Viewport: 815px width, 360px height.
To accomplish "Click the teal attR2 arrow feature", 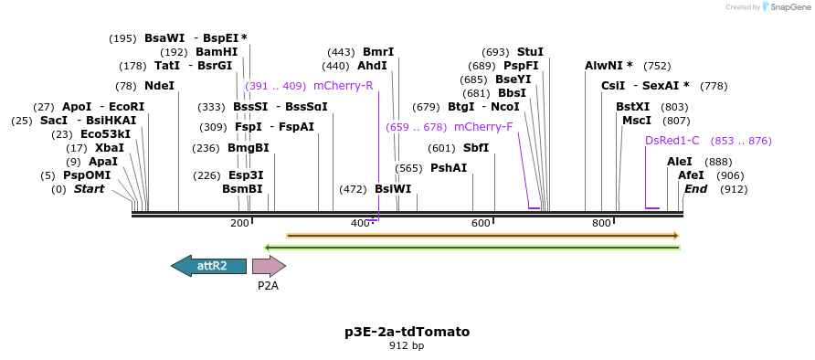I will [209, 266].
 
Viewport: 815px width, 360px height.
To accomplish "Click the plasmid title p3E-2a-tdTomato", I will [407, 332].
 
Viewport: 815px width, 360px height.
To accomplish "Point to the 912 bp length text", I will [407, 346].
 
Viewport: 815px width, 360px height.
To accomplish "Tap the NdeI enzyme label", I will [159, 86].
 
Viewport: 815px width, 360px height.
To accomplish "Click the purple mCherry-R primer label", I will [343, 86].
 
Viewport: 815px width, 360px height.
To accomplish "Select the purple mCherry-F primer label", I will [483, 127].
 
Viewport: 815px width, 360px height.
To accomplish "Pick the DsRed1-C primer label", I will [672, 141].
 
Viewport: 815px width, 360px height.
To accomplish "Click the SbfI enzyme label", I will [476, 148].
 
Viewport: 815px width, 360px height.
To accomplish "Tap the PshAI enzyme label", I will [449, 168].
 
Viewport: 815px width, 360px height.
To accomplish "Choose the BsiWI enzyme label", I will [393, 189].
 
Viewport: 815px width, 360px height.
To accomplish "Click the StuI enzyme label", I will [530, 52].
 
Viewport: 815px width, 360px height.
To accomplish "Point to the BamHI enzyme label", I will [217, 52].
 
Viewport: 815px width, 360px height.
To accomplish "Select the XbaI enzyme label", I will [109, 148].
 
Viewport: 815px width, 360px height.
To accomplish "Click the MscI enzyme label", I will [637, 121].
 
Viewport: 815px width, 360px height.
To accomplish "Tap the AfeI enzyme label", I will [691, 175].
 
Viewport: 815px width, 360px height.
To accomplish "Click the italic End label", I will [695, 189].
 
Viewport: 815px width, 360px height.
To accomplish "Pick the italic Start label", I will [89, 189].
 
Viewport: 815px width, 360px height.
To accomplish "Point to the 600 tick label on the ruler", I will [481, 224].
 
